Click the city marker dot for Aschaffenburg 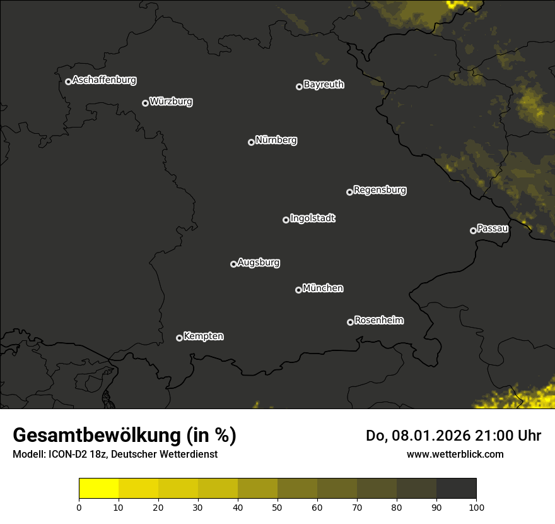[68, 81]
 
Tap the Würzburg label [171, 102]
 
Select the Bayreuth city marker [299, 86]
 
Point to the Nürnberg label [276, 140]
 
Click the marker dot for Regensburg [349, 192]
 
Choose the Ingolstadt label [312, 218]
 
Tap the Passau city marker [473, 230]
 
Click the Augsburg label [259, 263]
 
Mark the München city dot [298, 290]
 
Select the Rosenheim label [378, 321]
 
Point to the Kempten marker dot [179, 338]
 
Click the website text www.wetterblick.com [455, 454]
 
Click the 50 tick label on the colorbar [277, 507]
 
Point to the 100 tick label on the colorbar [476, 507]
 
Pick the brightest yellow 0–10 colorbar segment [99, 489]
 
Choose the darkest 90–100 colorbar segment [456, 489]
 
